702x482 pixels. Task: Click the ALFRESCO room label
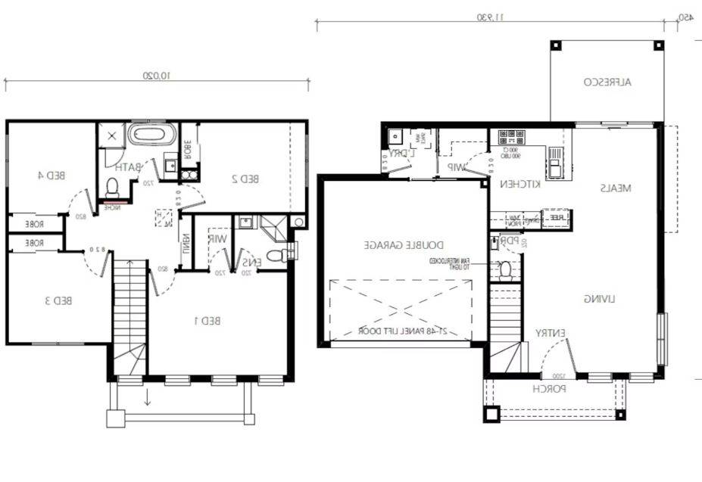pyautogui.click(x=608, y=82)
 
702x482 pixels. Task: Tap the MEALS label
pyautogui.click(x=616, y=188)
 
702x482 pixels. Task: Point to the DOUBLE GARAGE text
pyautogui.click(x=404, y=245)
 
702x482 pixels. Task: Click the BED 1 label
pyautogui.click(x=206, y=320)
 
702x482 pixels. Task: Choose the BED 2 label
pyautogui.click(x=245, y=179)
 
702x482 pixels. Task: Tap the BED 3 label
pyautogui.click(x=58, y=300)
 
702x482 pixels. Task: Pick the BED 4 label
pyautogui.click(x=50, y=175)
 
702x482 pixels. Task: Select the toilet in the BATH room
pyautogui.click(x=112, y=186)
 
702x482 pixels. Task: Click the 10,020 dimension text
pyautogui.click(x=157, y=76)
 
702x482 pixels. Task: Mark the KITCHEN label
pyautogui.click(x=519, y=184)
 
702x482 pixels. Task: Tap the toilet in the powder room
pyautogui.click(x=505, y=269)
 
